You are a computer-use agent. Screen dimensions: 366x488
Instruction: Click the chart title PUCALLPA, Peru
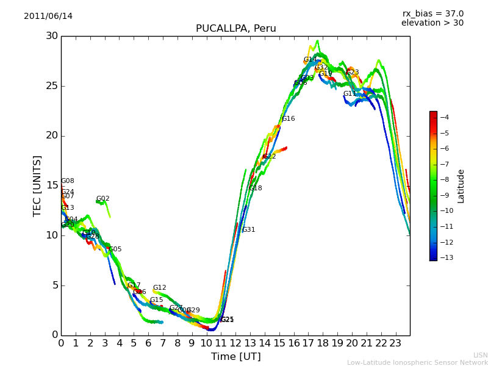click(235, 29)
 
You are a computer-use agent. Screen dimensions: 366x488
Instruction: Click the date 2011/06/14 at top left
click(48, 16)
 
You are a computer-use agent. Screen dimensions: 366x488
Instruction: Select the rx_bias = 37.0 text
click(432, 13)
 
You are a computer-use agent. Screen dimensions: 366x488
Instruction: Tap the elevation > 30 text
click(432, 23)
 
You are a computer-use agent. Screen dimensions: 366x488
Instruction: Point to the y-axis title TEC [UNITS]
click(38, 185)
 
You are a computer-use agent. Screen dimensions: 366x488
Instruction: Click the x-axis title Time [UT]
click(235, 357)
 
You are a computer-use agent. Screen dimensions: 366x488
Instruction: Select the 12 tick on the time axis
click(235, 343)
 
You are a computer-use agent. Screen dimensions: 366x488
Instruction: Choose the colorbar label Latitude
click(461, 186)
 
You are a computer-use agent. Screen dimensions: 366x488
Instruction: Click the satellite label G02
click(103, 199)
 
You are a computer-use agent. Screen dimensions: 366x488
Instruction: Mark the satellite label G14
click(310, 60)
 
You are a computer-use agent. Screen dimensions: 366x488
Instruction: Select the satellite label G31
click(249, 230)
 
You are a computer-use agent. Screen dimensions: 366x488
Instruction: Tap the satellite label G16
click(288, 119)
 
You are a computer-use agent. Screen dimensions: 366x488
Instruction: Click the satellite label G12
click(159, 288)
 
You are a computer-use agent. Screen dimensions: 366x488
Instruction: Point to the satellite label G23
click(352, 73)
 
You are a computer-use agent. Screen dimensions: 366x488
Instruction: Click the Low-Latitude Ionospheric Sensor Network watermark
click(417, 362)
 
